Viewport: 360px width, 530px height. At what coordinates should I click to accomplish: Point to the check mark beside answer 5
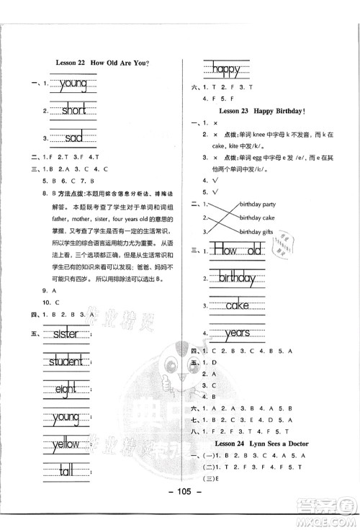click(215, 192)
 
